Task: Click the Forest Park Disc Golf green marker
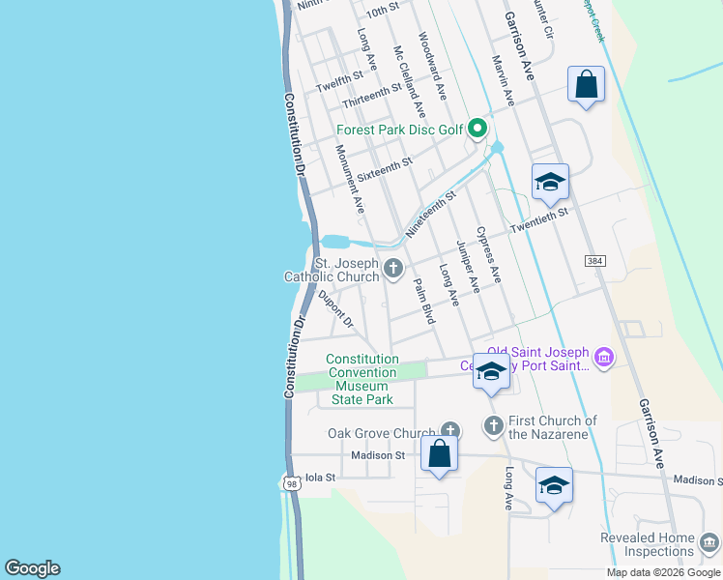[x=477, y=128]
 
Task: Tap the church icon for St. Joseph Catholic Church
[x=392, y=269]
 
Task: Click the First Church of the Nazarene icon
[x=493, y=424]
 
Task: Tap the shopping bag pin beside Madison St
[x=439, y=453]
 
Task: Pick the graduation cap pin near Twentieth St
[x=549, y=182]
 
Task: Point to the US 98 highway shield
[x=292, y=482]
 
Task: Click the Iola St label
[x=319, y=478]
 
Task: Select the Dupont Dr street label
[x=335, y=308]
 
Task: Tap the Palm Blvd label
[x=424, y=301]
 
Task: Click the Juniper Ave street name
[x=468, y=267]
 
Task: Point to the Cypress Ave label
[x=488, y=255]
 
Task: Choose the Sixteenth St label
[x=384, y=171]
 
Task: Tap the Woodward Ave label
[x=432, y=66]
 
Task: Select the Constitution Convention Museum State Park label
[x=361, y=379]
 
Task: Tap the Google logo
[x=31, y=568]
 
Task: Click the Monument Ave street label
[x=350, y=179]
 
